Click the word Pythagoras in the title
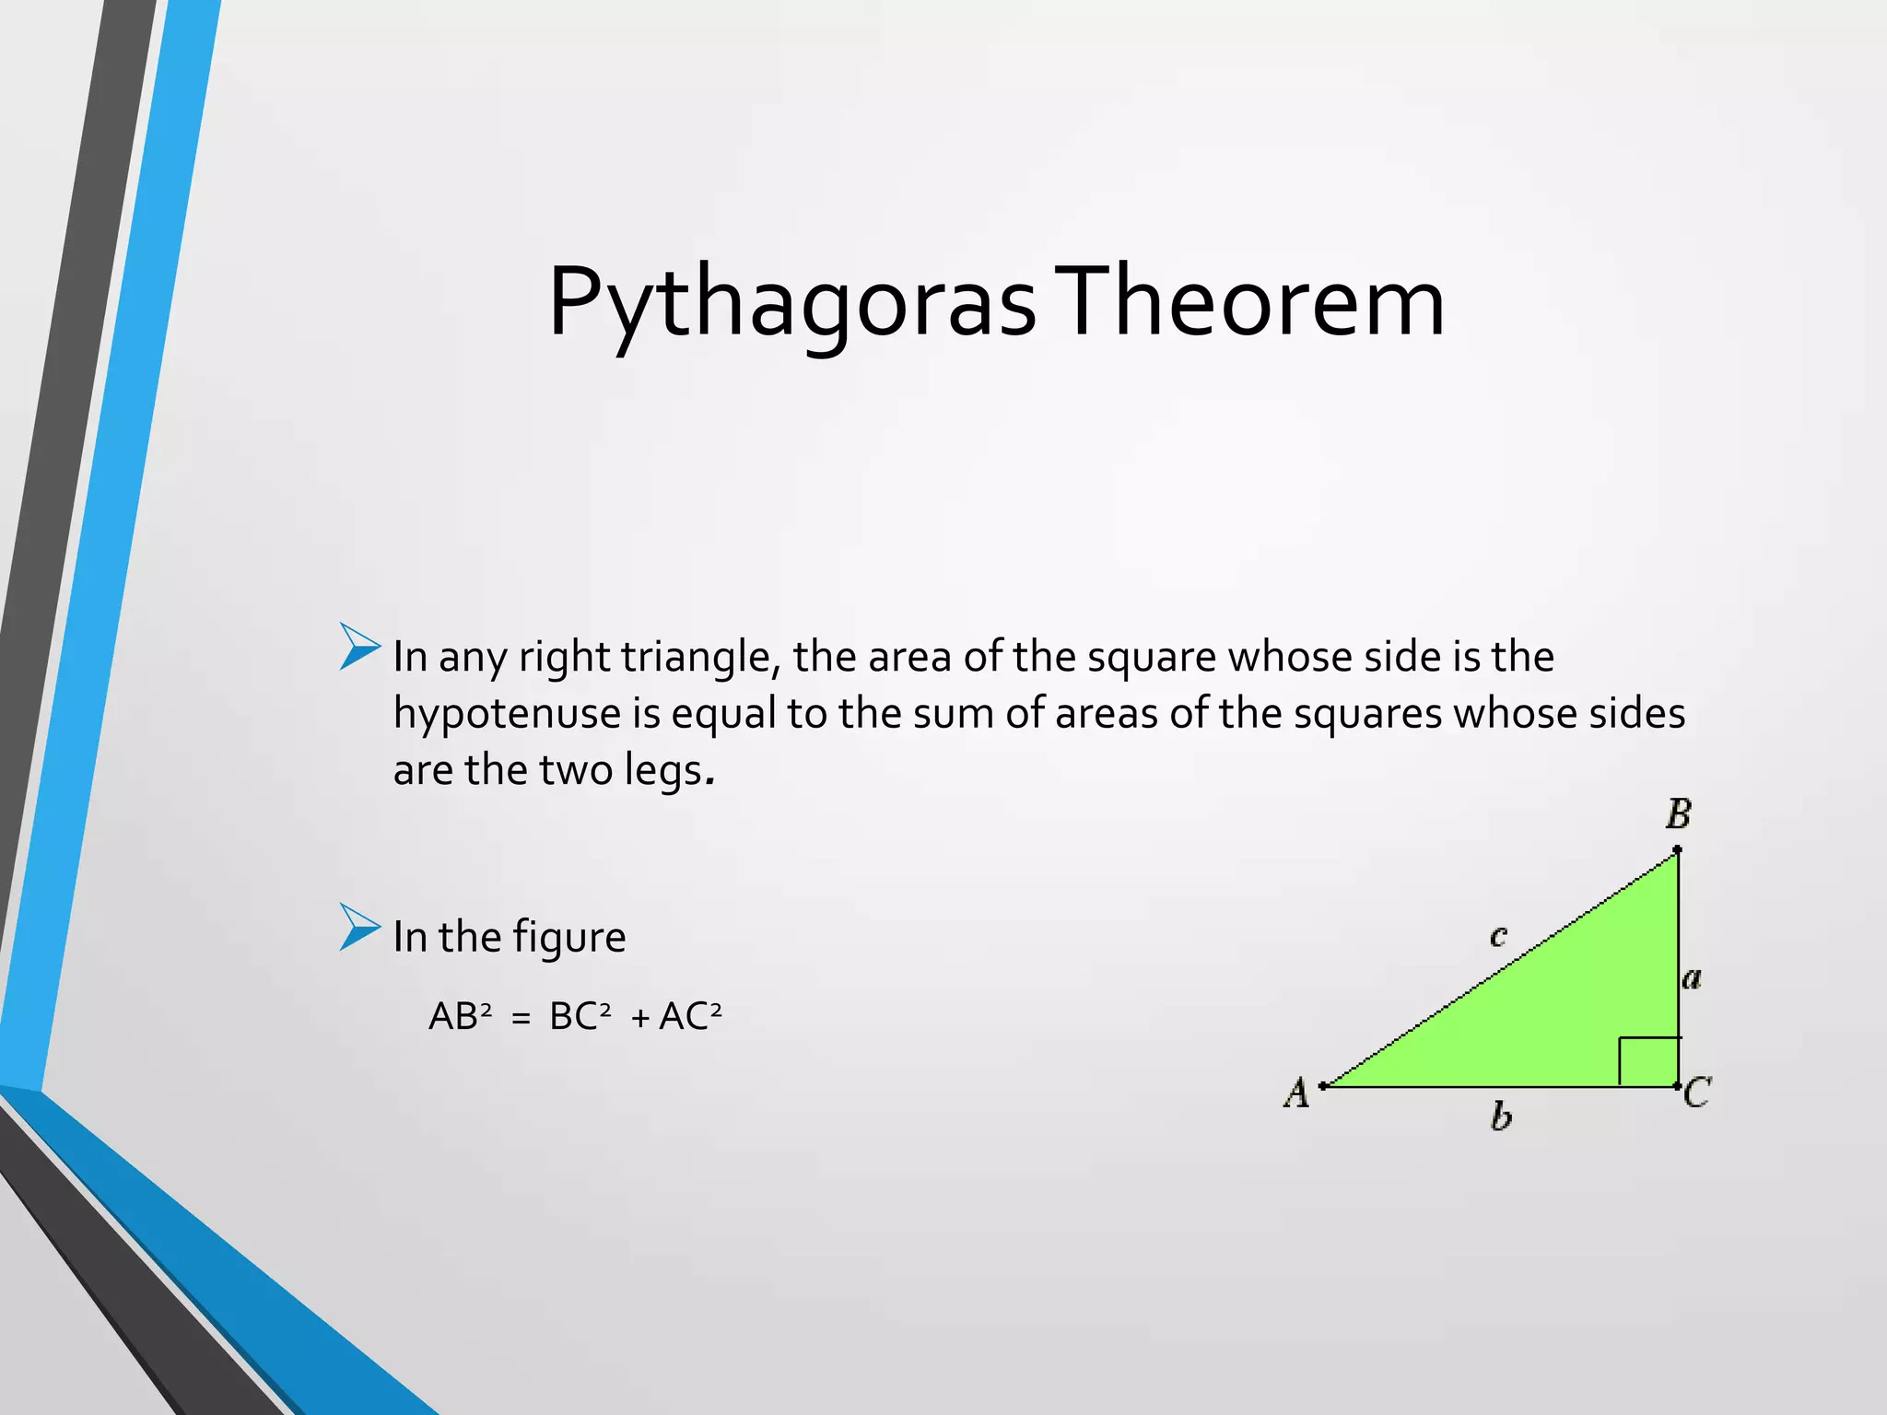coord(792,304)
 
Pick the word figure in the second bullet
coord(569,938)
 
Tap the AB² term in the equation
coord(460,1016)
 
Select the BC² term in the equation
coord(580,1016)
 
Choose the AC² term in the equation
coord(690,1016)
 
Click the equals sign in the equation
coord(521,1019)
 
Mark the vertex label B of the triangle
coord(1678,814)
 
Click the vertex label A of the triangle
coord(1296,1093)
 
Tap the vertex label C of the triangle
coord(1697,1093)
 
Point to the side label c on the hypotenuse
coord(1498,937)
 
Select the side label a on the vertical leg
coord(1692,978)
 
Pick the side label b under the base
coord(1501,1117)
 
